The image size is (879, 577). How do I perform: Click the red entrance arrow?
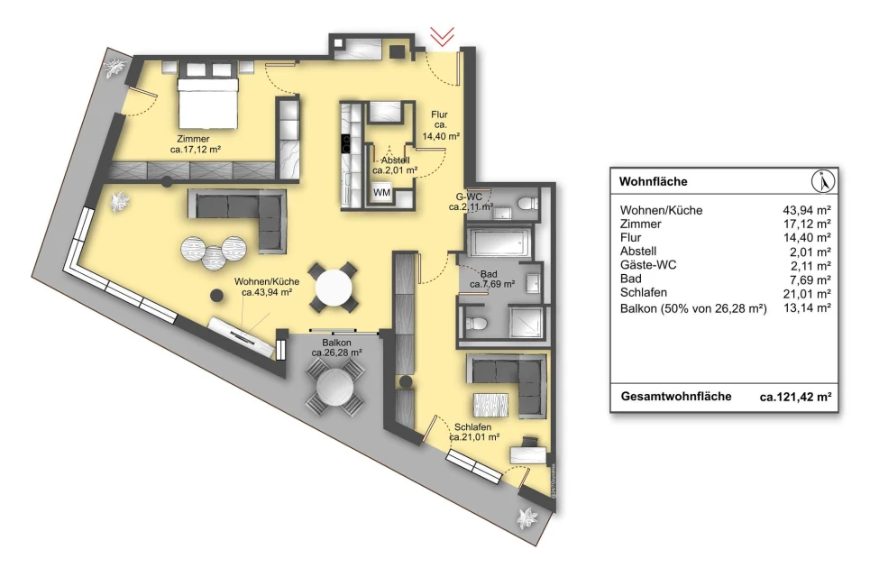[442, 37]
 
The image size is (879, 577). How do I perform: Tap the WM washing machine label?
[381, 192]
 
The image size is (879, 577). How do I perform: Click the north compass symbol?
[823, 181]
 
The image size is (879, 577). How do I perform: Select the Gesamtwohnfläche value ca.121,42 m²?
[795, 397]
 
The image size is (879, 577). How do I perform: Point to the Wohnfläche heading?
[653, 182]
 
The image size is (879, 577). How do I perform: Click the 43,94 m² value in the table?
[807, 210]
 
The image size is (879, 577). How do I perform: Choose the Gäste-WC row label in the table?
[648, 265]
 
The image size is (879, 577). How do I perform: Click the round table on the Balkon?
[335, 388]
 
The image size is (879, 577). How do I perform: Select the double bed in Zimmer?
[208, 103]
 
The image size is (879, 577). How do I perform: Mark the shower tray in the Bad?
[526, 322]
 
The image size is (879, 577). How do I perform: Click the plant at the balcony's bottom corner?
[527, 518]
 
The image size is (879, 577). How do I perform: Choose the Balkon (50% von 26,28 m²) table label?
[693, 308]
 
